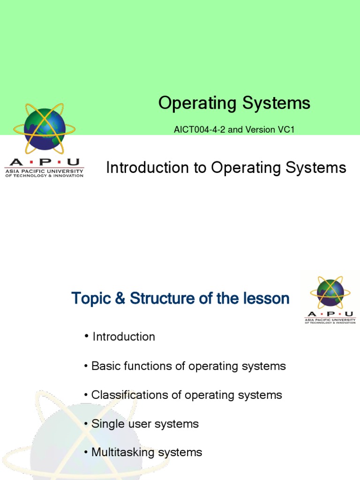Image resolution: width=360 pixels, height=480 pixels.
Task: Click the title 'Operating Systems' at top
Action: coord(234,103)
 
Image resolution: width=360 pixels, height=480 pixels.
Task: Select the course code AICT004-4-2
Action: coord(196,129)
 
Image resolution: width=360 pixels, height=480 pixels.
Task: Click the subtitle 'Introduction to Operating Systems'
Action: coord(226,167)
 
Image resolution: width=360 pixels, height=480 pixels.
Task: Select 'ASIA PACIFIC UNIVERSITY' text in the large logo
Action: coord(44,171)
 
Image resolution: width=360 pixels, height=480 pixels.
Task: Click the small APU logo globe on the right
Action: coord(330,293)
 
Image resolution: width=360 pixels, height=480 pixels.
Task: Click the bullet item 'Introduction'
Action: coord(124,337)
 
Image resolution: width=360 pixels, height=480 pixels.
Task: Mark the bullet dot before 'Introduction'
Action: coord(87,336)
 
